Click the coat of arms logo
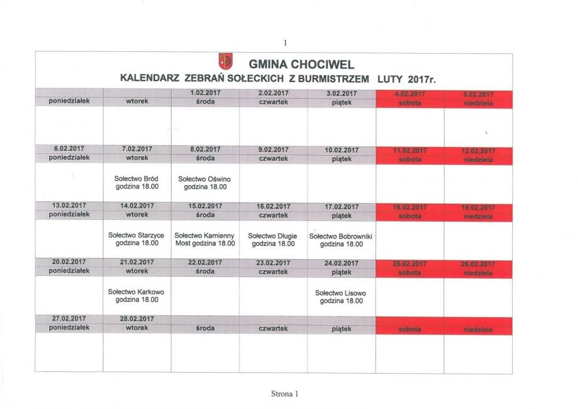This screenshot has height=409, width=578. (225, 61)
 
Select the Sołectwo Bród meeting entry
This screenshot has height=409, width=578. (137, 183)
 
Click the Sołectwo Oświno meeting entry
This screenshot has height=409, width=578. (205, 183)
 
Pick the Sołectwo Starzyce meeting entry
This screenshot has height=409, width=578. (136, 239)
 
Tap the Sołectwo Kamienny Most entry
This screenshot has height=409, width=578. (205, 239)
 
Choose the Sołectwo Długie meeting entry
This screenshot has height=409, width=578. (273, 239)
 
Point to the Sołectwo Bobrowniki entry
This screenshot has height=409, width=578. (341, 240)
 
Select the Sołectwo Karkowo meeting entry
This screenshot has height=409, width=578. (136, 296)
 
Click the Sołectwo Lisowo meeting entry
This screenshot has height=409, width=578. (341, 297)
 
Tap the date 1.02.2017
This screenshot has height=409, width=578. (205, 93)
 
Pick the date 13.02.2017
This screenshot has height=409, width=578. (69, 206)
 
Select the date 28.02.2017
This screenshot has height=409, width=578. (137, 319)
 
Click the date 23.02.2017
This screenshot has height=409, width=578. (273, 263)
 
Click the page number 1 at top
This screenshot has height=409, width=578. (285, 42)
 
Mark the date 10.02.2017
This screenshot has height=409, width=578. (342, 150)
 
